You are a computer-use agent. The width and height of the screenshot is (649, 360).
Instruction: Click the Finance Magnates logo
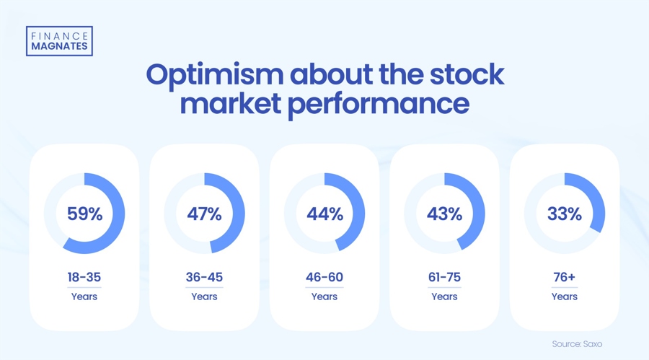point(59,41)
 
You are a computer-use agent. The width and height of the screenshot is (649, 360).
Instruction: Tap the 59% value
point(84,214)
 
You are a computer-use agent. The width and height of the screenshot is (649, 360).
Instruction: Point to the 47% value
point(204,214)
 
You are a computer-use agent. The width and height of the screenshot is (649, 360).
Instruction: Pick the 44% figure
point(324,214)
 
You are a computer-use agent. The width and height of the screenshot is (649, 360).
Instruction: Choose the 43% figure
point(444,214)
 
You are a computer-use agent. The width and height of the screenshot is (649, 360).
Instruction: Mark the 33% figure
point(564,214)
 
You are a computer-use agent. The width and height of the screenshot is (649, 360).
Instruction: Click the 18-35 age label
point(84,277)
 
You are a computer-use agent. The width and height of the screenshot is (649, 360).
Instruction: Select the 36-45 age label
point(204,277)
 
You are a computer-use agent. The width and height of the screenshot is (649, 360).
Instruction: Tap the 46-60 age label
point(324,277)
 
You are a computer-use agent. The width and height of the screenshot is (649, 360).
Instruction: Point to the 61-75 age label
point(444,277)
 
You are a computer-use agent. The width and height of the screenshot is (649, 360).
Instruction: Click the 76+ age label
point(564,277)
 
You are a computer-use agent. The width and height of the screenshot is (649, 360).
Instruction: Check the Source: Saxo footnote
point(577,344)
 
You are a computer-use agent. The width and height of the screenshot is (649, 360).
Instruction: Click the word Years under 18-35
point(84,297)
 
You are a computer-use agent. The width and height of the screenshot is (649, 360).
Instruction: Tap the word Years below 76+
point(564,297)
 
